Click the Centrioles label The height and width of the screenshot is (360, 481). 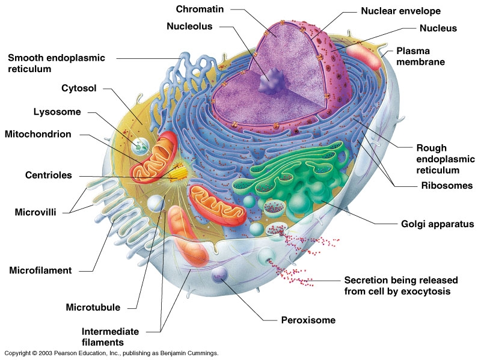pos(49,175)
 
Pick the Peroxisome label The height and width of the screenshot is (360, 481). pos(308,320)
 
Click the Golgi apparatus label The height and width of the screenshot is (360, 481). pos(437,224)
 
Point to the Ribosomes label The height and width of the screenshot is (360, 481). pos(447,185)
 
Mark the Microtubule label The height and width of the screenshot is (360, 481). pos(93,307)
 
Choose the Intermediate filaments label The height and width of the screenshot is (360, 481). pos(110,337)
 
